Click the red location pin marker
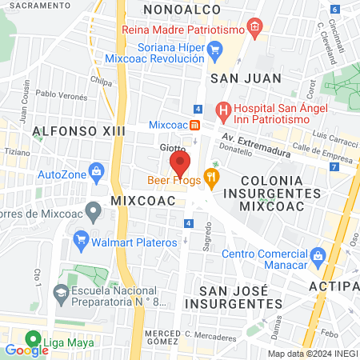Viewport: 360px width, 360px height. (180, 166)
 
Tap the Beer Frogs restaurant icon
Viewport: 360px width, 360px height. (211, 177)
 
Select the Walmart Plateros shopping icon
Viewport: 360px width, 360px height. (81, 238)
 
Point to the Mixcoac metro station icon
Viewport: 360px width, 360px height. (194, 126)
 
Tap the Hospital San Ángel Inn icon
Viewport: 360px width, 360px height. (223, 110)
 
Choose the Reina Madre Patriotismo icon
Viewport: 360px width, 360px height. (254, 28)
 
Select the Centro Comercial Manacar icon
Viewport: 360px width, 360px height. (318, 256)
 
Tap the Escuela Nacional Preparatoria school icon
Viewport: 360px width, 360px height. (60, 294)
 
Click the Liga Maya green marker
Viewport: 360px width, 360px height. (33, 338)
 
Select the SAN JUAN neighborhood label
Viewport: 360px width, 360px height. (246, 78)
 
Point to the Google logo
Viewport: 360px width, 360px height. (26, 350)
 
